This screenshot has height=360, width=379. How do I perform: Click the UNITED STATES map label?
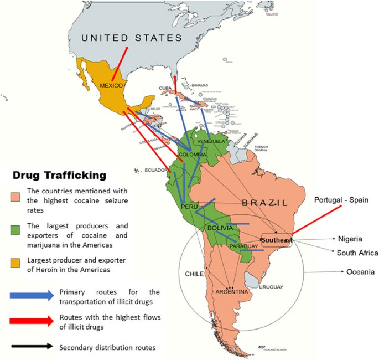pos(132,38)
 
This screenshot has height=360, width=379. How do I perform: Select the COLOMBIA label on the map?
pos(193,155)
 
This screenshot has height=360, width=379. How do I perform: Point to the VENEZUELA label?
pos(212,141)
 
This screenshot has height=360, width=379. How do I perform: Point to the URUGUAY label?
pos(271,287)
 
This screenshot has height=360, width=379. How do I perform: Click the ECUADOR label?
pos(156,171)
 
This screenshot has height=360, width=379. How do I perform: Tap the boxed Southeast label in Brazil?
pos(278,240)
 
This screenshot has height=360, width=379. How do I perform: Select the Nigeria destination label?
pos(350,239)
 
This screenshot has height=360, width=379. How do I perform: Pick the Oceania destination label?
pos(360,272)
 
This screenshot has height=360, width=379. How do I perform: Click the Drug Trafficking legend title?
pos(59,176)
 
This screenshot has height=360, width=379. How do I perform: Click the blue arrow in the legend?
pos(31,295)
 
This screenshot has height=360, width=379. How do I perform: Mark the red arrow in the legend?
pos(31,322)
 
